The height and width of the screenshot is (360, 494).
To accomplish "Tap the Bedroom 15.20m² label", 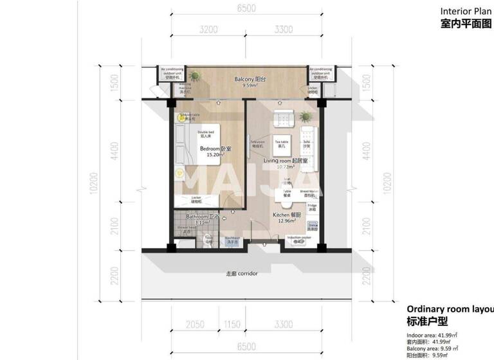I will pyautogui.click(x=215, y=151).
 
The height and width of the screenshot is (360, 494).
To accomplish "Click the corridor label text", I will pyautogui.click(x=241, y=274).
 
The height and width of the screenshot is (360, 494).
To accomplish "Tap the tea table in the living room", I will pyautogui.click(x=282, y=143).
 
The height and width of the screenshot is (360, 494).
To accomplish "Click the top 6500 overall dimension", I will pyautogui.click(x=246, y=8).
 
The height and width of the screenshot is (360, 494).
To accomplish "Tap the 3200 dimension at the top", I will pyautogui.click(x=208, y=30).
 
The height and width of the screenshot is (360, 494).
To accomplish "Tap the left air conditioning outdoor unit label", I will pyautogui.click(x=172, y=73).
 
